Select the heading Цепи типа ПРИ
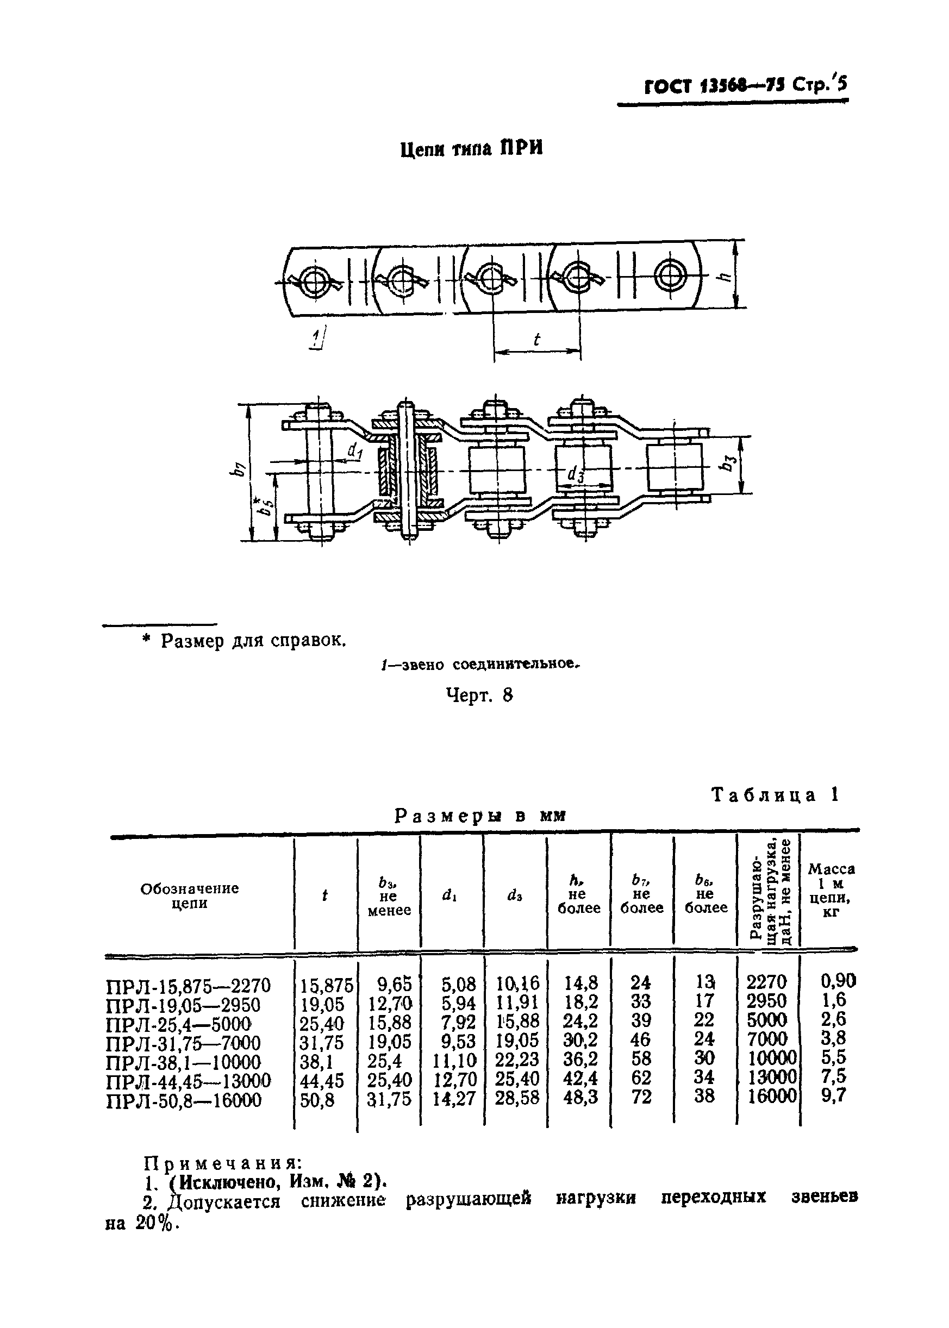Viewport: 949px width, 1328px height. coord(472,149)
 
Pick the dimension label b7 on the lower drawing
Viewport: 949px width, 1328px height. coord(237,468)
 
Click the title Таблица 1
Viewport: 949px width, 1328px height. coord(775,794)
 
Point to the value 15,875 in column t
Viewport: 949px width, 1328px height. coord(327,986)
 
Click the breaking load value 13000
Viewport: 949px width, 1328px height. coord(772,1077)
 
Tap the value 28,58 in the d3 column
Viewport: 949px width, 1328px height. coord(517,1097)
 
